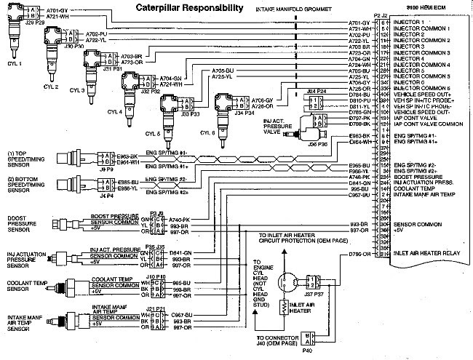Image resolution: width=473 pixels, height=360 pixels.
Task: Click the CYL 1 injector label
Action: pyautogui.click(x=15, y=63)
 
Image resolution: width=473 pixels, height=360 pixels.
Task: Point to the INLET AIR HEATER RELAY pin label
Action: pyautogui.click(x=426, y=255)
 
